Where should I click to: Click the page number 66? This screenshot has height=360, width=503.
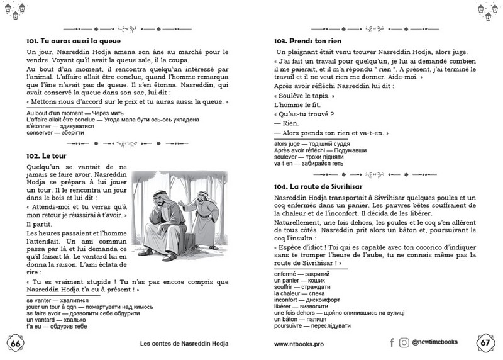coord(16,342)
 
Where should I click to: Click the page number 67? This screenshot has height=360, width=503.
coord(485,342)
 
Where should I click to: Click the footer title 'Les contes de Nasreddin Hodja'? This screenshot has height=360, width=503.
coord(184,344)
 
